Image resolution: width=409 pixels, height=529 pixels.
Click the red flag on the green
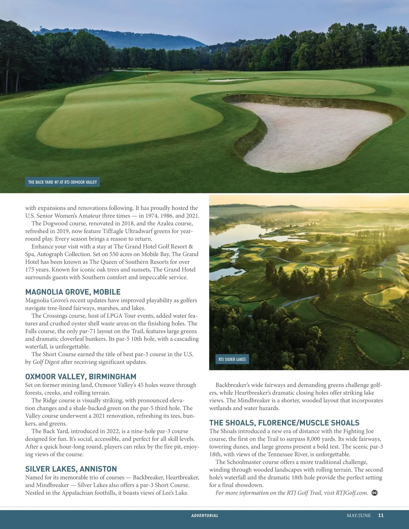147,75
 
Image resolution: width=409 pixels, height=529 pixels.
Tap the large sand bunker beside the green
317,133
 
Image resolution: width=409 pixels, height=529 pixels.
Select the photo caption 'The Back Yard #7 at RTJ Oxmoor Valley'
62,182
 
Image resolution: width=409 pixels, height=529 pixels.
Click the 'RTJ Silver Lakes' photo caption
232,359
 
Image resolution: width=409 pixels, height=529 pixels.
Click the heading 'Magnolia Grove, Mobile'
73,292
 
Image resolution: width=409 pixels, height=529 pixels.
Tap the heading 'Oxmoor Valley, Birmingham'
81,377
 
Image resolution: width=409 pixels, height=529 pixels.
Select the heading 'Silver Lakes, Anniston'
71,469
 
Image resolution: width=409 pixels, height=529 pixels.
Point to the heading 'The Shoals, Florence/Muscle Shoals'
284,423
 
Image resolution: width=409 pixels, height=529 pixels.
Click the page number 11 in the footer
381,515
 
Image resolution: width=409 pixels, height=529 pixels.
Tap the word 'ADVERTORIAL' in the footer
204,516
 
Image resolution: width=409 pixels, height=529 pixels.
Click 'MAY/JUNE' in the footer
359,515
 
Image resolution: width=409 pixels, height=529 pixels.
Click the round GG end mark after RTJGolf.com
374,493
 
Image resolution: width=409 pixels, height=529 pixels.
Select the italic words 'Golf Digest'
46,362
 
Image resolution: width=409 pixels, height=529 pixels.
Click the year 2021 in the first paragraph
192,216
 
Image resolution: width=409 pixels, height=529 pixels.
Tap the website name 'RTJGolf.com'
352,493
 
